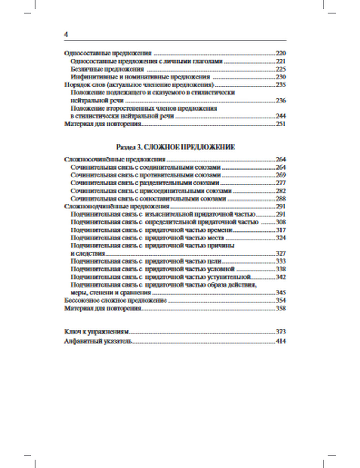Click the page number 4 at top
click(x=66, y=35)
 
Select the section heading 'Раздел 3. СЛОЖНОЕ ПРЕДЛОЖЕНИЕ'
click(x=176, y=147)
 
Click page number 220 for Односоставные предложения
click(x=280, y=53)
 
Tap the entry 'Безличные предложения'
click(x=107, y=69)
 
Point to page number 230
click(x=280, y=77)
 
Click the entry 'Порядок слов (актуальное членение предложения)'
click(x=139, y=85)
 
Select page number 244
click(x=280, y=116)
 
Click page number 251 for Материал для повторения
click(x=280, y=124)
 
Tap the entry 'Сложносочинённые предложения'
click(x=114, y=159)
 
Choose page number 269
click(x=280, y=175)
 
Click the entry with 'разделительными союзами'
click(x=145, y=183)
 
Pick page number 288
click(x=280, y=198)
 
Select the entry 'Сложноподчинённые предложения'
click(x=117, y=206)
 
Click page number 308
click(x=280, y=222)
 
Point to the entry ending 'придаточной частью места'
click(x=147, y=238)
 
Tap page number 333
click(x=280, y=261)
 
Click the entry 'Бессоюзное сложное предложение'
click(x=115, y=301)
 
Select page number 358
click(x=280, y=309)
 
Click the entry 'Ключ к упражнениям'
click(x=96, y=332)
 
